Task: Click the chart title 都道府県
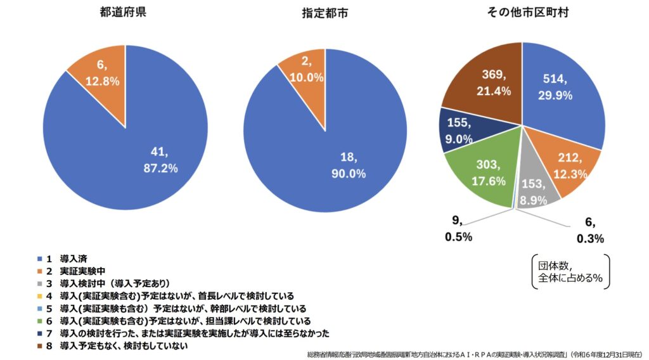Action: pos(124,12)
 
